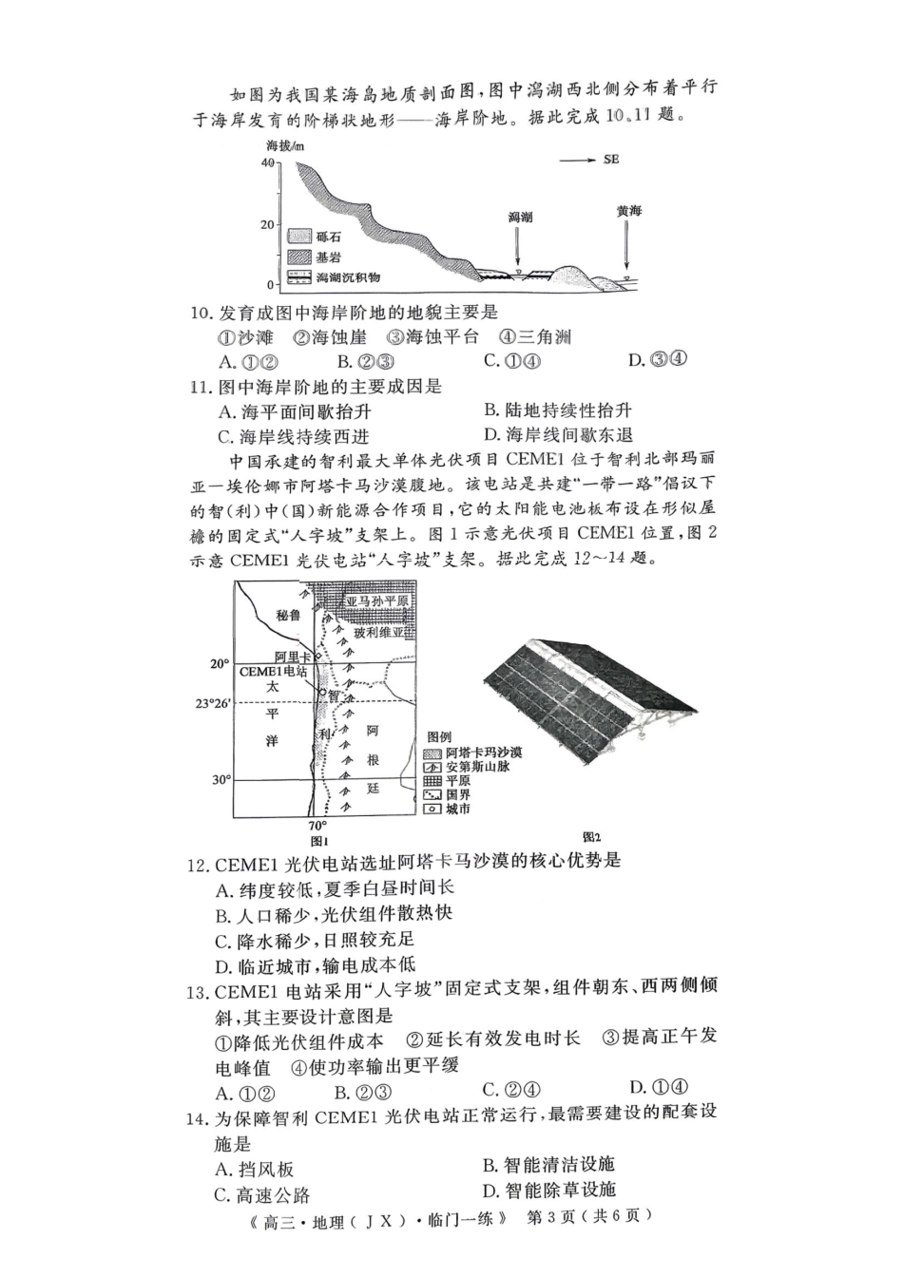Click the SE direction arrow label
click(610, 160)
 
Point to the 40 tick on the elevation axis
click(267, 162)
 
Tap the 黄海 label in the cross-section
click(628, 211)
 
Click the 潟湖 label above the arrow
click(520, 218)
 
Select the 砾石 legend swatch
click(299, 236)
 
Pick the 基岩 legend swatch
click(299, 256)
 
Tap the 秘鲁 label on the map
click(287, 615)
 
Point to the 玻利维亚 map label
click(378, 633)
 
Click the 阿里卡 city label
click(293, 657)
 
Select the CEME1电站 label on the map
click(273, 672)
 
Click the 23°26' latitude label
click(213, 703)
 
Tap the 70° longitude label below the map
click(317, 825)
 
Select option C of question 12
click(315, 940)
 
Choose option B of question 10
click(366, 361)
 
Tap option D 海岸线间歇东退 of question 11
click(559, 435)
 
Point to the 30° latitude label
click(221, 779)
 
